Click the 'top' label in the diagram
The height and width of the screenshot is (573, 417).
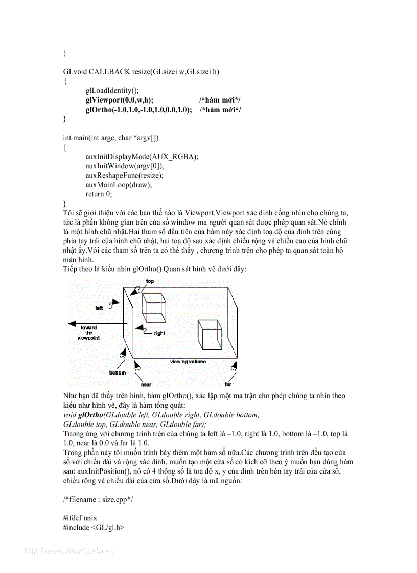[x=150, y=281]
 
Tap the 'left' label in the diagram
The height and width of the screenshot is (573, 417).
[x=99, y=308]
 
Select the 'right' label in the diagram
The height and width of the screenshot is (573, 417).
[x=159, y=333]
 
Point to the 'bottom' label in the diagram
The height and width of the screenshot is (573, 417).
[x=117, y=373]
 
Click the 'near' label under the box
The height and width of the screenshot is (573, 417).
[x=148, y=384]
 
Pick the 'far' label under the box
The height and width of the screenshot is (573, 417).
[x=228, y=384]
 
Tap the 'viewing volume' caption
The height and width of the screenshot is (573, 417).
[x=188, y=361]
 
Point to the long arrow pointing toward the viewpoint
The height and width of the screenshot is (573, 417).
[x=97, y=323]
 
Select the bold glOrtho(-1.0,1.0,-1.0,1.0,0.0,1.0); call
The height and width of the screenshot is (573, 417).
[x=138, y=110]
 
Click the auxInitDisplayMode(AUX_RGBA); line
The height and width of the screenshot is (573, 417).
[x=142, y=157]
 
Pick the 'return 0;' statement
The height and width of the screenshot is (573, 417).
[x=99, y=194]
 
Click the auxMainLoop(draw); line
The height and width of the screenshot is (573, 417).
[x=119, y=185]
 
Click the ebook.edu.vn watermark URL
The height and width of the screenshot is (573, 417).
[x=69, y=551]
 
